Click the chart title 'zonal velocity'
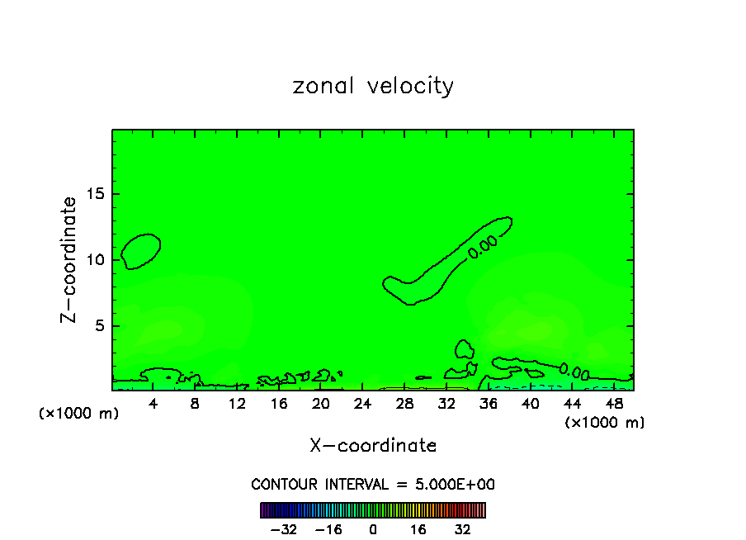click(x=373, y=86)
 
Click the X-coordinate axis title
click(x=373, y=446)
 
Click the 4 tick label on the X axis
click(x=153, y=404)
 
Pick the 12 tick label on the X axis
click(x=237, y=404)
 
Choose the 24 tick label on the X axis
click(x=362, y=404)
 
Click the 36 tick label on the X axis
click(x=488, y=404)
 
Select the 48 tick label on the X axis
click(x=613, y=404)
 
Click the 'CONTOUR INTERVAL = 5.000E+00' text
click(x=373, y=484)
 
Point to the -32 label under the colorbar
click(x=283, y=529)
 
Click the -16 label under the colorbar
click(x=328, y=529)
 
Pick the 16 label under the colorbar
click(x=418, y=529)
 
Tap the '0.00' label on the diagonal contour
click(x=483, y=246)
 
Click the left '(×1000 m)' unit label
click(x=79, y=414)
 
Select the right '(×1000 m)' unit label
click(x=605, y=422)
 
